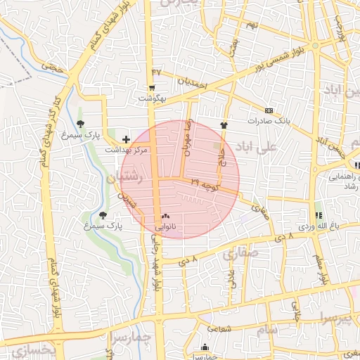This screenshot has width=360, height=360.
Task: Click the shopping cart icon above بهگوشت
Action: pos(152,88)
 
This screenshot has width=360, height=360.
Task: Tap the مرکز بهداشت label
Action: pos(127,150)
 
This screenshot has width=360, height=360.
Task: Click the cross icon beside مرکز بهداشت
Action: pos(127,139)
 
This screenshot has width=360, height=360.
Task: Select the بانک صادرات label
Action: pos(269,121)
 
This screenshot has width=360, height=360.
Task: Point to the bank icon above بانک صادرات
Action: pos(269,110)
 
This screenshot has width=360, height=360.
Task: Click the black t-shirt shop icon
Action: pos(224,124)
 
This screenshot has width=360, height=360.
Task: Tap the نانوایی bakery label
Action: pos(166,226)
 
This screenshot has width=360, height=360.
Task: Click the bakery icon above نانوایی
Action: pos(165,216)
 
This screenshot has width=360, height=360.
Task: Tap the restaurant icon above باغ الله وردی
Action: pos(318,215)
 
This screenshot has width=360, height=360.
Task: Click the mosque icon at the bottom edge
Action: pos(205,347)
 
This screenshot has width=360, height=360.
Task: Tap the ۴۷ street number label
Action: pos(156,72)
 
